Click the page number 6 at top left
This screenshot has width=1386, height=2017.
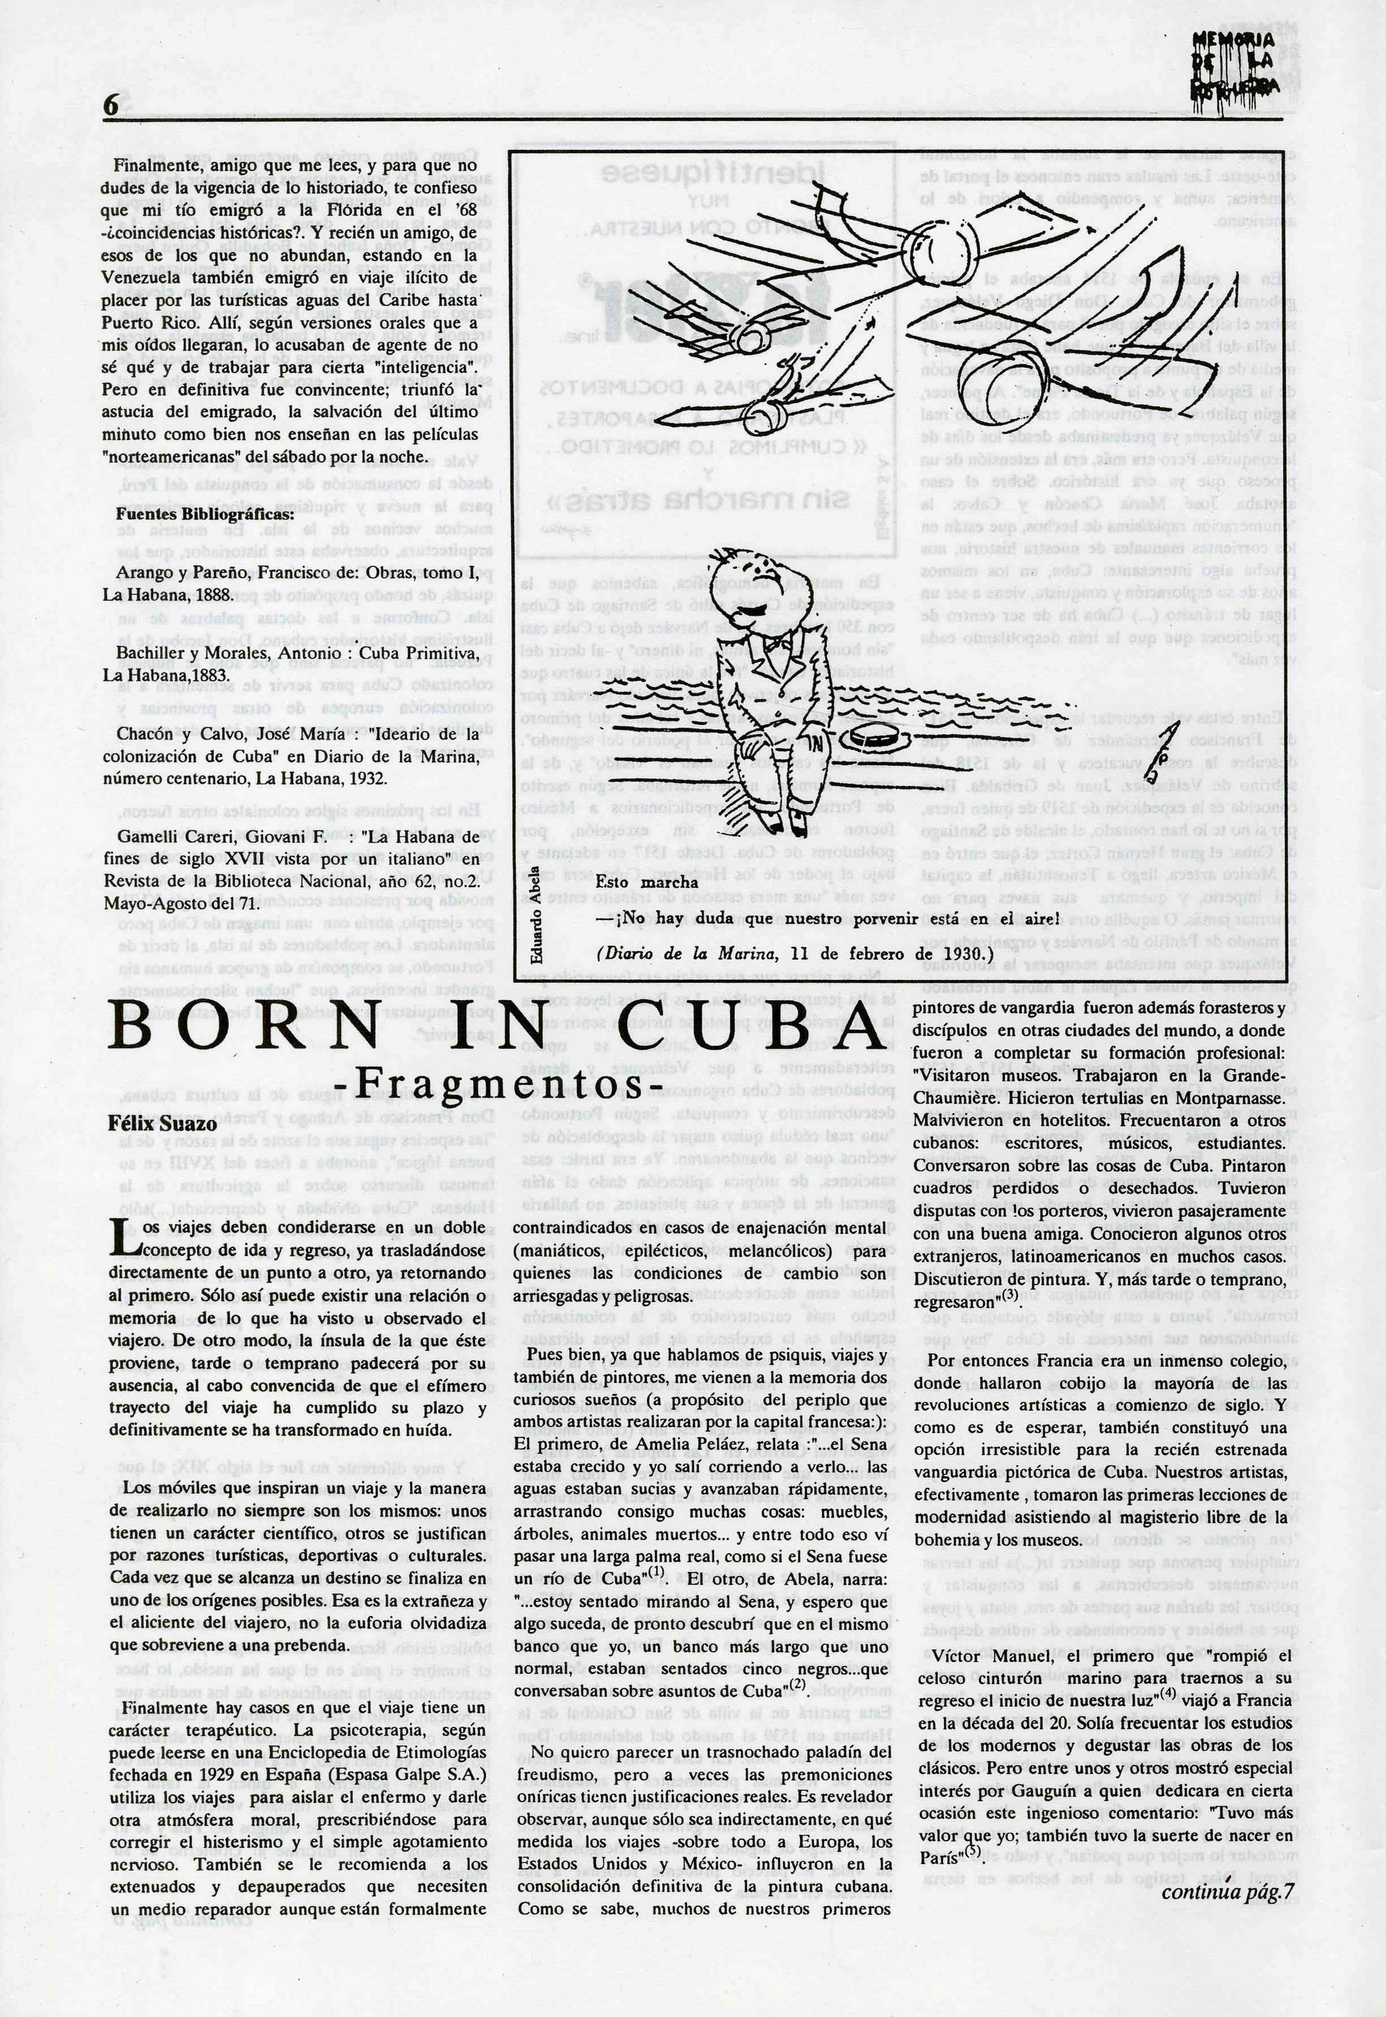click(x=110, y=106)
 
